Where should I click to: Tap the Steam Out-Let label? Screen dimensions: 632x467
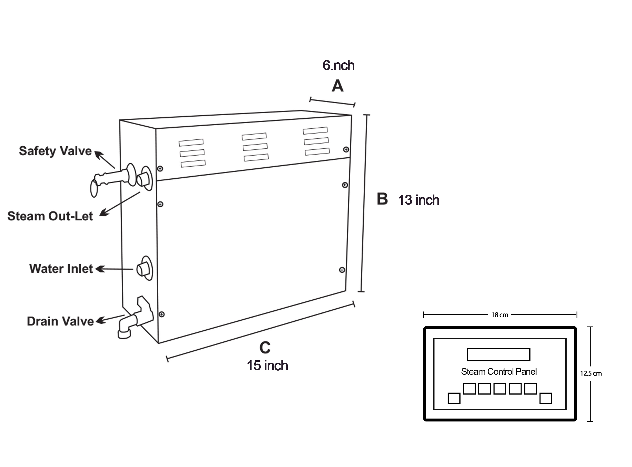click(50, 216)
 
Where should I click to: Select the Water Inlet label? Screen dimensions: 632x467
click(61, 269)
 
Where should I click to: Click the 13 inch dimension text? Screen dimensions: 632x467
click(419, 200)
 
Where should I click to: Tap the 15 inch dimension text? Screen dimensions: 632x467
click(267, 365)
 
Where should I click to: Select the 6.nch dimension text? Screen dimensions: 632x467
click(338, 65)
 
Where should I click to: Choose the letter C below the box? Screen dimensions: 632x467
click(265, 348)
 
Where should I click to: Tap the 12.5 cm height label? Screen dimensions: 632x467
click(591, 373)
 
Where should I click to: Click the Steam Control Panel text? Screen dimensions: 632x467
click(499, 372)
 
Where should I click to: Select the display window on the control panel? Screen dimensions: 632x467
click(498, 354)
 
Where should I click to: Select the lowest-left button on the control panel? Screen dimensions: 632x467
click(454, 399)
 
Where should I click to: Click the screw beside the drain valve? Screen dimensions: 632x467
click(162, 314)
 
